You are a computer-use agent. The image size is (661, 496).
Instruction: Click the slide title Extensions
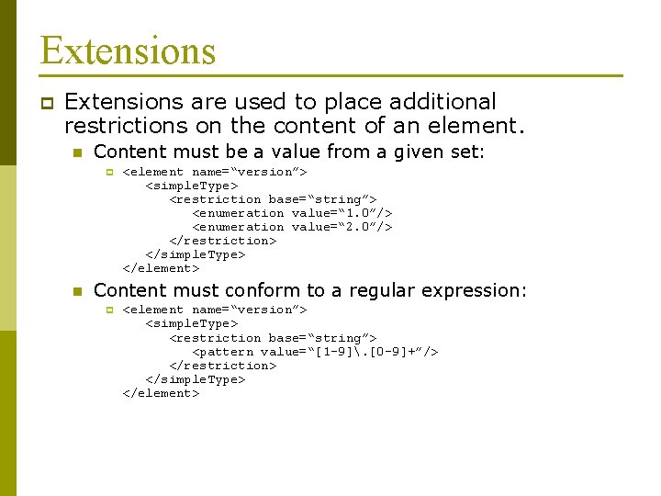[x=128, y=50]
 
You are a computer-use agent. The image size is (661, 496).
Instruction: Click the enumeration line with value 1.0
[x=292, y=213]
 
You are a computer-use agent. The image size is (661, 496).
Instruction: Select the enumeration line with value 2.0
[x=292, y=227]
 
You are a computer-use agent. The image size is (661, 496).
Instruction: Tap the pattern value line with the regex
[x=315, y=352]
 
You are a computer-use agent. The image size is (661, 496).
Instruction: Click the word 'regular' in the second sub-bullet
[x=380, y=290]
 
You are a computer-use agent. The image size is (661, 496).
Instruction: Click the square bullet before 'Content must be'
[x=78, y=152]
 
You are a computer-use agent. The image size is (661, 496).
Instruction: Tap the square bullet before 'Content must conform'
[x=78, y=291]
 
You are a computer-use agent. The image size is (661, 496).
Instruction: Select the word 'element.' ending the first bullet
[x=484, y=126]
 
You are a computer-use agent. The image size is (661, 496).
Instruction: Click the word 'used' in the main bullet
[x=236, y=102]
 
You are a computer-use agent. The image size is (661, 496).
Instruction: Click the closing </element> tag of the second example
[x=161, y=393]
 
